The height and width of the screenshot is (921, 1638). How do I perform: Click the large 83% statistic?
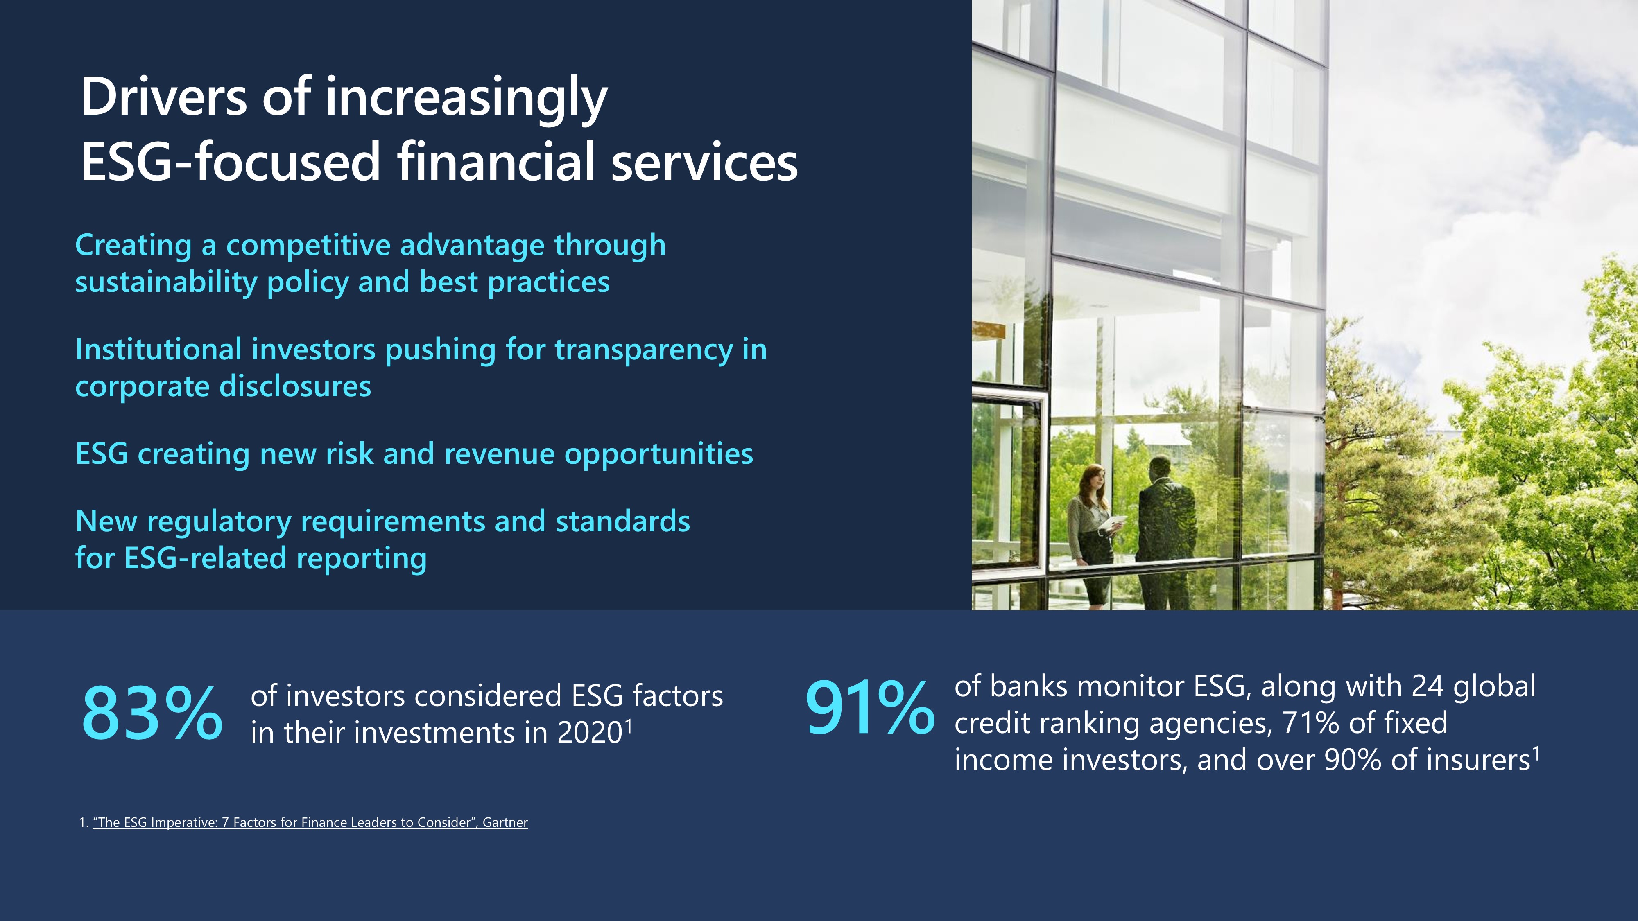(x=152, y=713)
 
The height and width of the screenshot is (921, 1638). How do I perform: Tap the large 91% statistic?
(x=869, y=707)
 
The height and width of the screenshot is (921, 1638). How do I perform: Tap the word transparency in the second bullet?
(x=643, y=351)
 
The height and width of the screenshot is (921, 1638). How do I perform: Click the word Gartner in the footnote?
(x=505, y=822)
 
